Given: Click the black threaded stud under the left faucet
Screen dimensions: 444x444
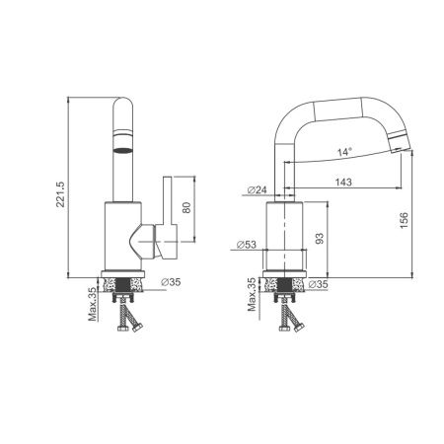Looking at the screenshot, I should pos(125,292).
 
